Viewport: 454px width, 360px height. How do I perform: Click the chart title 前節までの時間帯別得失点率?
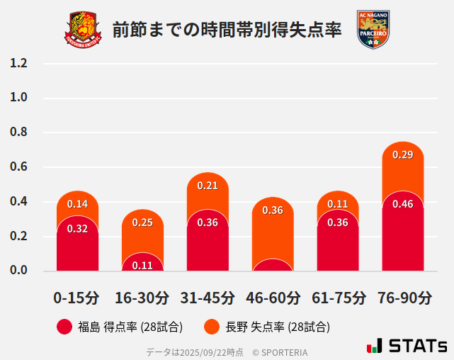[x=227, y=29]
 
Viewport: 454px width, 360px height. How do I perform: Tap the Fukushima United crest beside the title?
[x=85, y=29]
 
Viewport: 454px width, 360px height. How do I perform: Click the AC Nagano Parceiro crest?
[x=373, y=29]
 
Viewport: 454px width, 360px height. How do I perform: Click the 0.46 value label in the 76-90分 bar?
[x=402, y=204]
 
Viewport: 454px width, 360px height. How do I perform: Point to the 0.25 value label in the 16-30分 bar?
[x=142, y=223]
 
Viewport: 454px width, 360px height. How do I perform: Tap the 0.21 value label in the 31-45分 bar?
[x=208, y=186]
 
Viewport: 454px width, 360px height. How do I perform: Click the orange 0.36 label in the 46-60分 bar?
[x=273, y=210]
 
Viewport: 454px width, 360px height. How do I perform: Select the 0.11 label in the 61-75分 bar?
[x=338, y=204]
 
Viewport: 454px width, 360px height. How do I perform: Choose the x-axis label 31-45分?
[x=208, y=297]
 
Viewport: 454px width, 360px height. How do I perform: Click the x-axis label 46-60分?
[x=273, y=297]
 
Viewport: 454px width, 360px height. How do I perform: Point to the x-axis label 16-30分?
[x=142, y=297]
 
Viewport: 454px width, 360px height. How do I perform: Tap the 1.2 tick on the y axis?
[x=19, y=63]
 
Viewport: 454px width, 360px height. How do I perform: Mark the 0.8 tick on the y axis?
[x=19, y=133]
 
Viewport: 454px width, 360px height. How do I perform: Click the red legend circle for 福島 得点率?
[x=64, y=327]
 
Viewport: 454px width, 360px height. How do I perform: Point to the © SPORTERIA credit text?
[x=280, y=351]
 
